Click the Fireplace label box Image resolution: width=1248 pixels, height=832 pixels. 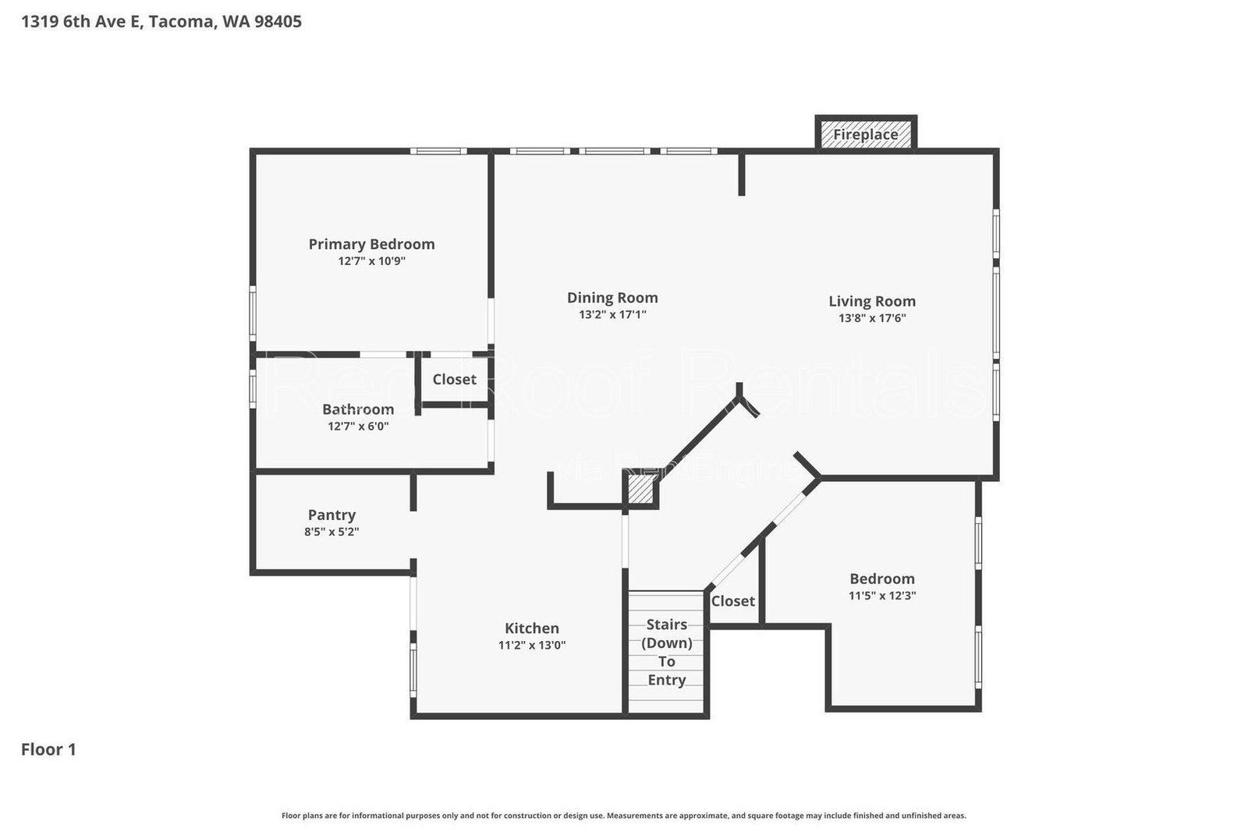coord(865,134)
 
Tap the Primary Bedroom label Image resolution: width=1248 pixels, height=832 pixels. coord(371,244)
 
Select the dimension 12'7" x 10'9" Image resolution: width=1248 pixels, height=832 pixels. coord(371,261)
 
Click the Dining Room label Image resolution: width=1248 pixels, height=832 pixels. coord(612,297)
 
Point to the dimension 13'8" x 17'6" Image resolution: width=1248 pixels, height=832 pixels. coord(872,318)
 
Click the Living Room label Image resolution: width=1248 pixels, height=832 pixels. coord(872,301)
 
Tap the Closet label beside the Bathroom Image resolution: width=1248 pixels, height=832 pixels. coord(454,379)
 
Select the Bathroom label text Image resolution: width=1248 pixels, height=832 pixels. coord(358,409)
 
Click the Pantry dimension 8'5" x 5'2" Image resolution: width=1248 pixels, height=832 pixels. coord(331,532)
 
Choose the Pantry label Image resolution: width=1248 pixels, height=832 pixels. coord(331,515)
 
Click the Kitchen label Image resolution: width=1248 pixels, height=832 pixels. coord(532,628)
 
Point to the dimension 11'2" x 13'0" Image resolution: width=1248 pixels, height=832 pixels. coord(532,646)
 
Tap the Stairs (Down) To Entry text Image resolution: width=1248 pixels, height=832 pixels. coord(667,652)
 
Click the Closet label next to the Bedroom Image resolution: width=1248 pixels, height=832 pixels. coord(732,600)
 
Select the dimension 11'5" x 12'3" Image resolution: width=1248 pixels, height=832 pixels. coord(882,596)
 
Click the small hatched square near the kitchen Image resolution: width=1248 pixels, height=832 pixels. coord(640,491)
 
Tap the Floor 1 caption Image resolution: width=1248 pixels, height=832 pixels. coord(48,749)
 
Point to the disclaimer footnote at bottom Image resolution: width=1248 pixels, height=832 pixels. coord(623,816)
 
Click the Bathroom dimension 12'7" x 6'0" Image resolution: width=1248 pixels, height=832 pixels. coord(358,426)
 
